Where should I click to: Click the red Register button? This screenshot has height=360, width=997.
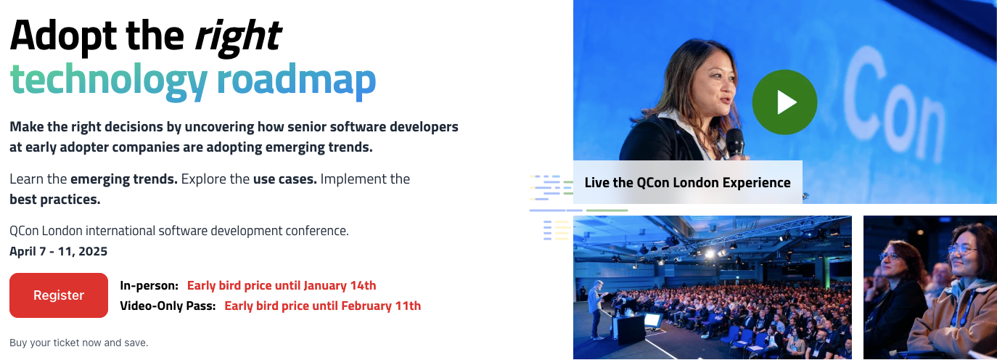(59, 295)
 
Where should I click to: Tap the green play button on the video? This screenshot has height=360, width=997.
(784, 102)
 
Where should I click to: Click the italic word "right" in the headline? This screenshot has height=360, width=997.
(237, 34)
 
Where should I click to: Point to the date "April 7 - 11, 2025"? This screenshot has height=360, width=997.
(59, 252)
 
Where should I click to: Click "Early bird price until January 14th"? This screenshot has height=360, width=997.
(282, 285)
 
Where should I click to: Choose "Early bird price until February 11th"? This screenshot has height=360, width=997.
(322, 306)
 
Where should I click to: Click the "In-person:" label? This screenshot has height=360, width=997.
(149, 285)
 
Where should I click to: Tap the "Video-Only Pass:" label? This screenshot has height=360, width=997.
(168, 306)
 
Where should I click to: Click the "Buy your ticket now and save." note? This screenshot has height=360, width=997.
(79, 343)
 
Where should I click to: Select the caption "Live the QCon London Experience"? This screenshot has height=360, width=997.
(687, 182)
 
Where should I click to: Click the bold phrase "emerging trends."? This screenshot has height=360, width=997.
(124, 179)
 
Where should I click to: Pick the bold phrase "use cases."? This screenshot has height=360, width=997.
(284, 179)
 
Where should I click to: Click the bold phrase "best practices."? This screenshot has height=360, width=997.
(55, 199)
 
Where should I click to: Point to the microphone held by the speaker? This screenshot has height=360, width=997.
(734, 141)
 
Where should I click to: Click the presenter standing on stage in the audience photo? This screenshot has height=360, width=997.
(595, 308)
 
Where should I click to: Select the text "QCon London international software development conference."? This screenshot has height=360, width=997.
(179, 232)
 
